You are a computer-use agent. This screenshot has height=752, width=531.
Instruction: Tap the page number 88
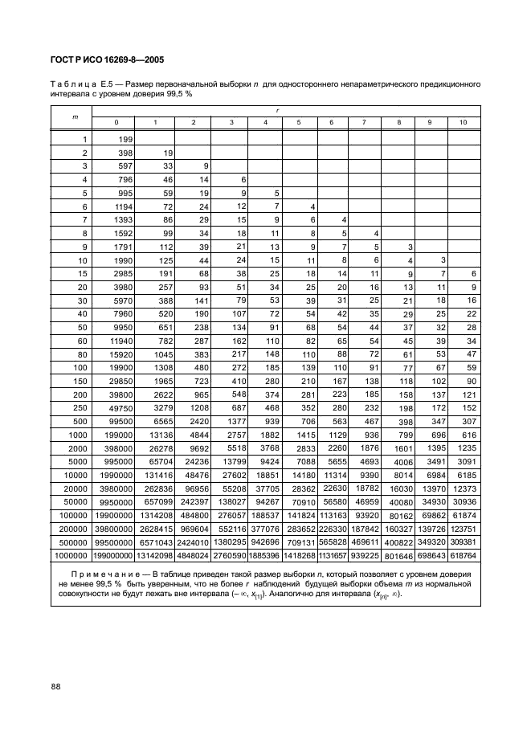tap(56, 685)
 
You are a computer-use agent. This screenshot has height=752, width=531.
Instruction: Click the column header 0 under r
tap(114, 122)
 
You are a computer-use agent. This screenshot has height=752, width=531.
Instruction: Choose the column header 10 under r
tap(463, 122)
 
